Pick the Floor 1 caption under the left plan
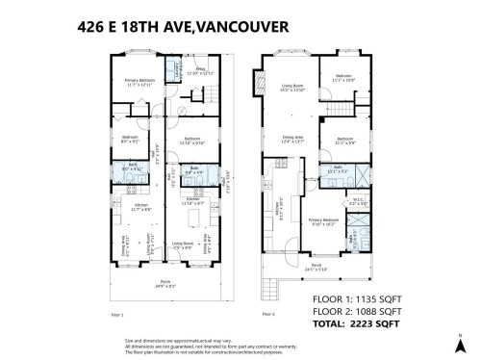[117, 315]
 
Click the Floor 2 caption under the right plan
[267, 315]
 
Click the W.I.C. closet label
[356, 202]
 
